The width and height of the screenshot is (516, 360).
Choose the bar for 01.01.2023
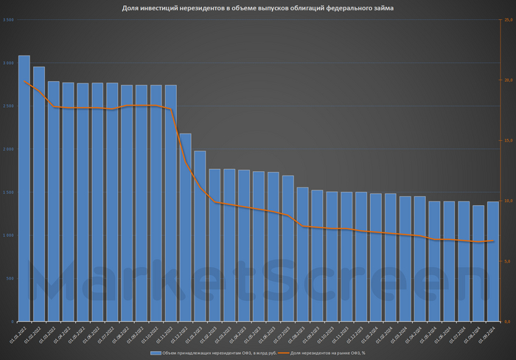(200, 236)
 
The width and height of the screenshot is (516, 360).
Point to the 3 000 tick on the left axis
(9, 63)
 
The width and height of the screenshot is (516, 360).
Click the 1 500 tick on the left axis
(9, 192)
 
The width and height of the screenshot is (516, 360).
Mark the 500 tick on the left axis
(9, 278)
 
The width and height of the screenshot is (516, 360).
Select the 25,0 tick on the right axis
(508, 20)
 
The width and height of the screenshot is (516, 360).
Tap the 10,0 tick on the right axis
(508, 201)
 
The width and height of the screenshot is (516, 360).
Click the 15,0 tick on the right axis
(508, 140)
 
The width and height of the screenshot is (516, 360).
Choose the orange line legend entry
(324, 353)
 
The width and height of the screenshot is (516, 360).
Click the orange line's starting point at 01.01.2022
(24, 81)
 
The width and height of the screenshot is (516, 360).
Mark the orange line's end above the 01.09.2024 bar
(492, 240)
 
